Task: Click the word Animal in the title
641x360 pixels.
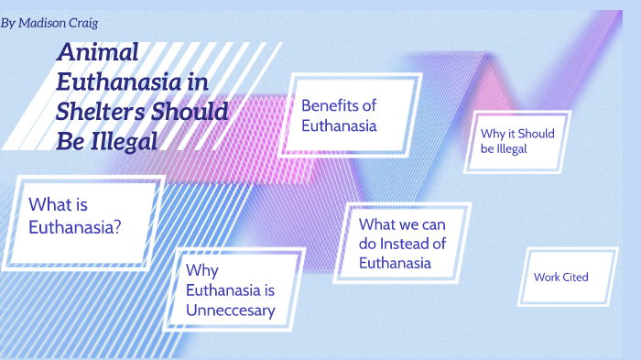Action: pyautogui.click(x=98, y=53)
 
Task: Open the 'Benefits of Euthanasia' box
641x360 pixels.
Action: pyautogui.click(x=353, y=116)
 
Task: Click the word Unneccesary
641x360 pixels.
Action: pyautogui.click(x=230, y=311)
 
